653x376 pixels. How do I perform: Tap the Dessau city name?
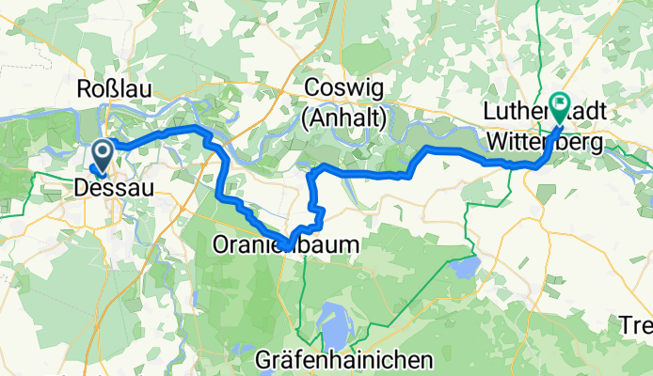click(112, 189)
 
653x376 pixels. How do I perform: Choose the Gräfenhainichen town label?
click(344, 359)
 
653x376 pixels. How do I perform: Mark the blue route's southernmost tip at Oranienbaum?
click(286, 247)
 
